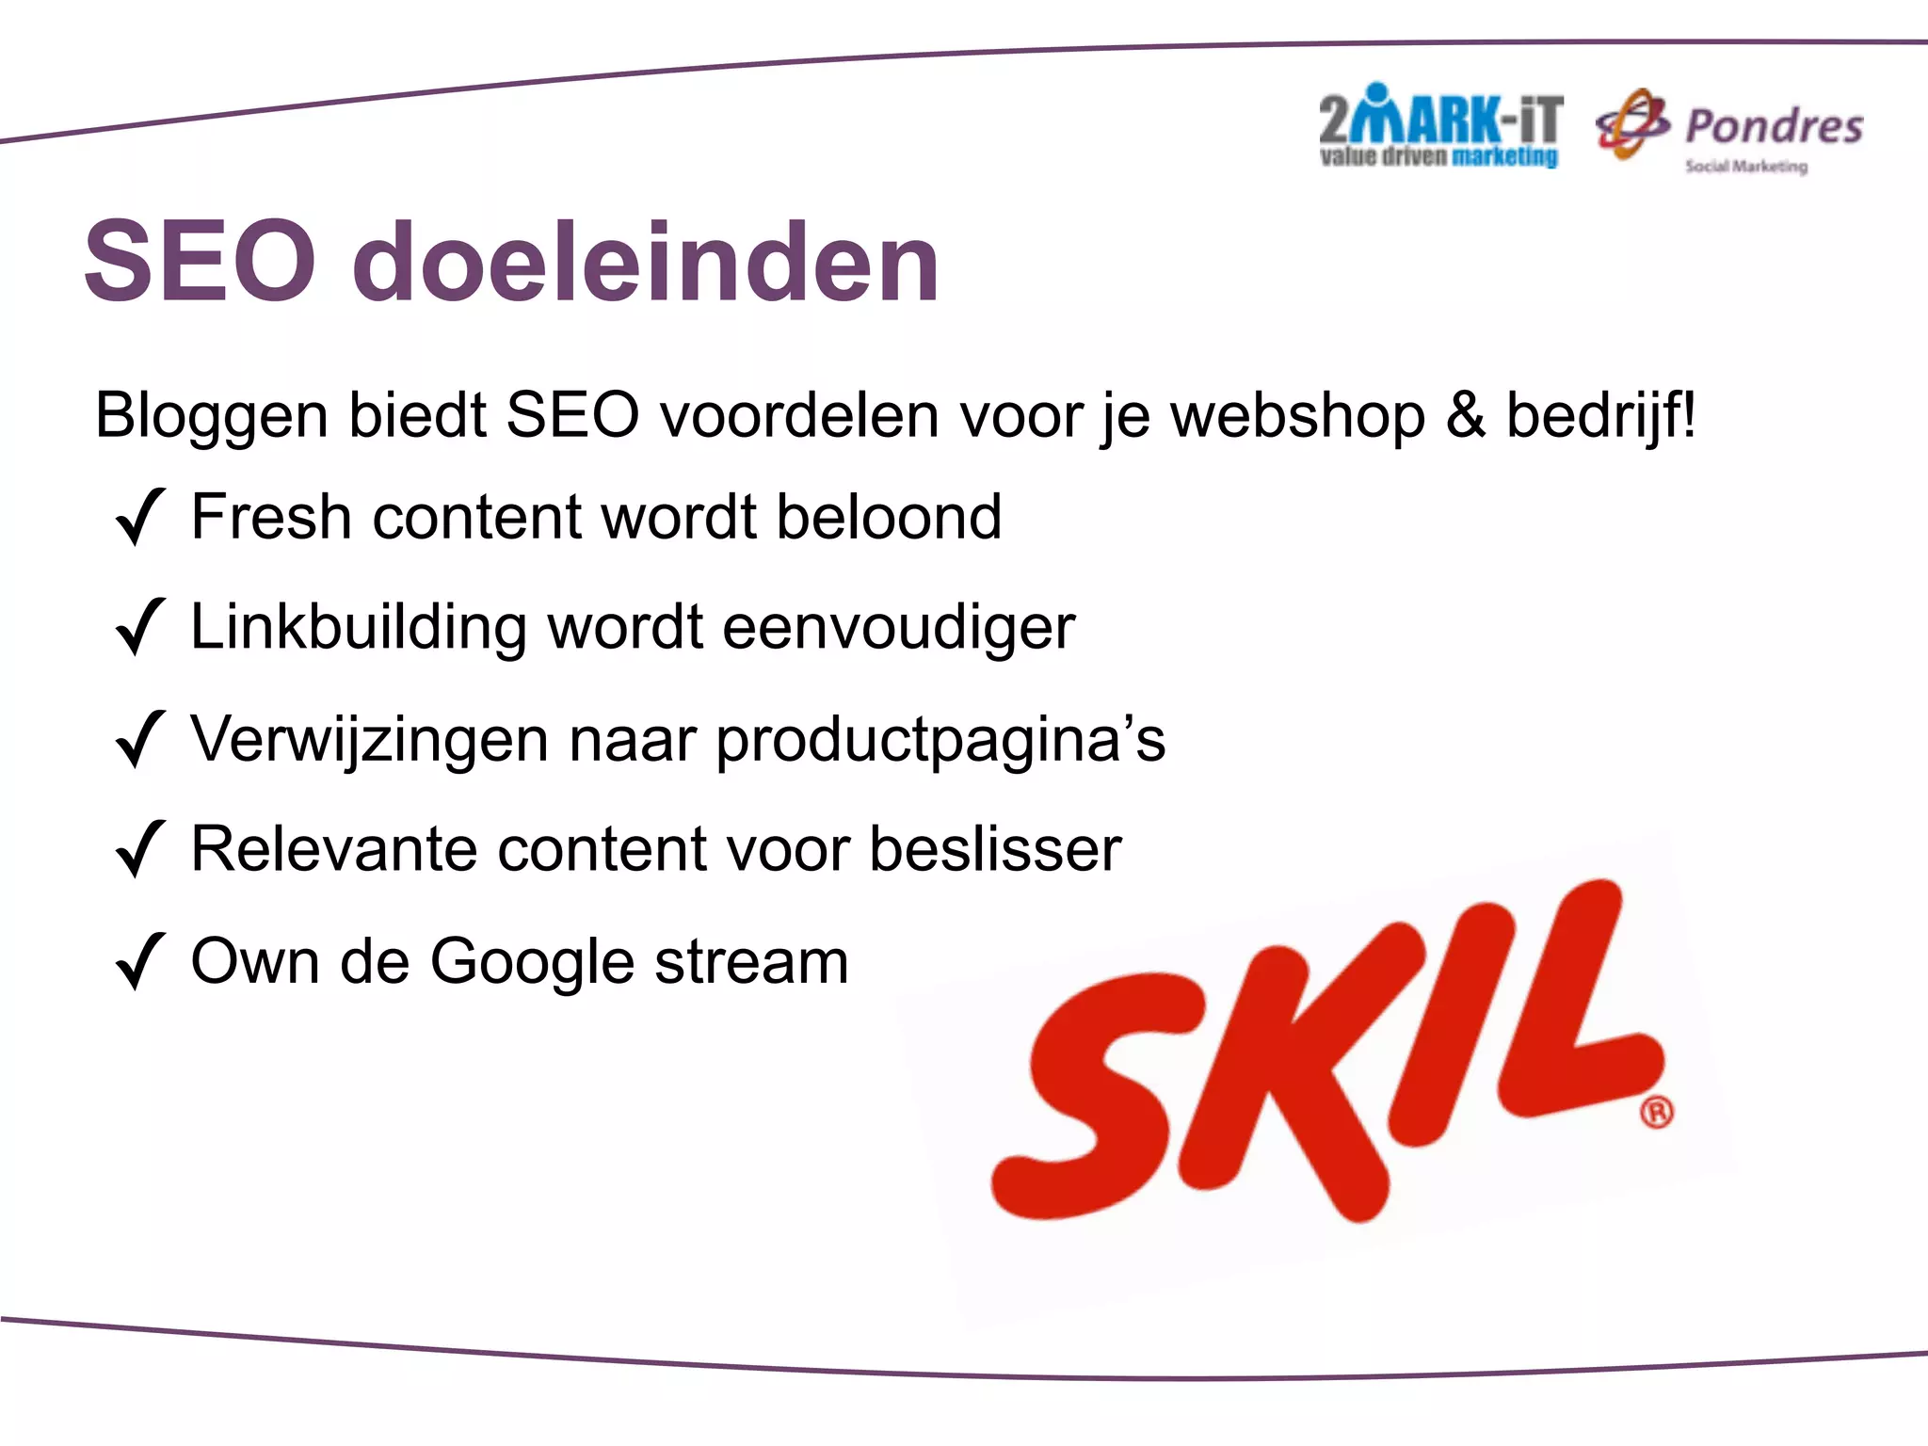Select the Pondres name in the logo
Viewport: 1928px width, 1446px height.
[1774, 126]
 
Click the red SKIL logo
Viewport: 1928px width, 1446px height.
[1318, 1054]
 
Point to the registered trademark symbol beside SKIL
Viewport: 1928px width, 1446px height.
[1657, 1112]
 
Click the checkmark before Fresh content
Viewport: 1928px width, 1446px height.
[140, 517]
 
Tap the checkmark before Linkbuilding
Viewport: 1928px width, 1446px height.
[140, 627]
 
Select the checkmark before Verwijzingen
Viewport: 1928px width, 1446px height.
[140, 739]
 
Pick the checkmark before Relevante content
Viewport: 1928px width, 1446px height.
[140, 849]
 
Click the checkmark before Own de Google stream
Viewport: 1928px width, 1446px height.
[140, 961]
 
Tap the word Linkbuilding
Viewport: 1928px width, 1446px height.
[358, 627]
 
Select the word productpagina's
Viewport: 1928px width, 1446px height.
[940, 741]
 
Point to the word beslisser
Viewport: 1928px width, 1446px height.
[994, 849]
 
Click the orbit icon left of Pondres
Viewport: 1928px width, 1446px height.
[1632, 124]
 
